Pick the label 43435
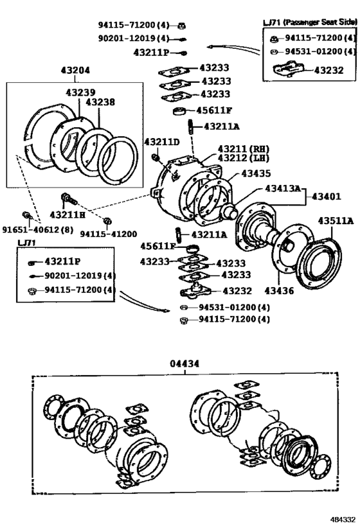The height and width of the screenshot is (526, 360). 256,174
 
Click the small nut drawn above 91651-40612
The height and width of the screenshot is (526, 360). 26,215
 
